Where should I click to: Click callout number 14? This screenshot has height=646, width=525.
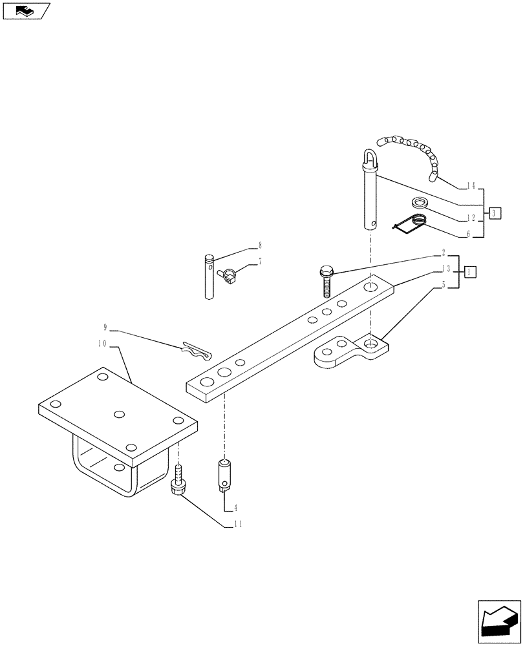[471, 187]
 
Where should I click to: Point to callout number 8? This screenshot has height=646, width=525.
[260, 245]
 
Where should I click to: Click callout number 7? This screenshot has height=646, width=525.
[260, 261]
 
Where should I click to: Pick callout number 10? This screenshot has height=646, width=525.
[103, 344]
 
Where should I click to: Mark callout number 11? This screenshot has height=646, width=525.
[238, 526]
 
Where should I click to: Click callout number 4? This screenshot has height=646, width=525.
[236, 508]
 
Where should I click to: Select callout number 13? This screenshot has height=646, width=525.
[446, 269]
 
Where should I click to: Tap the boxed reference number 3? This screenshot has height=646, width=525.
[495, 213]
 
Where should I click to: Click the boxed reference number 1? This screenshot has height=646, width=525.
[471, 271]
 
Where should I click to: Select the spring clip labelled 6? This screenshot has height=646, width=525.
[411, 224]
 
